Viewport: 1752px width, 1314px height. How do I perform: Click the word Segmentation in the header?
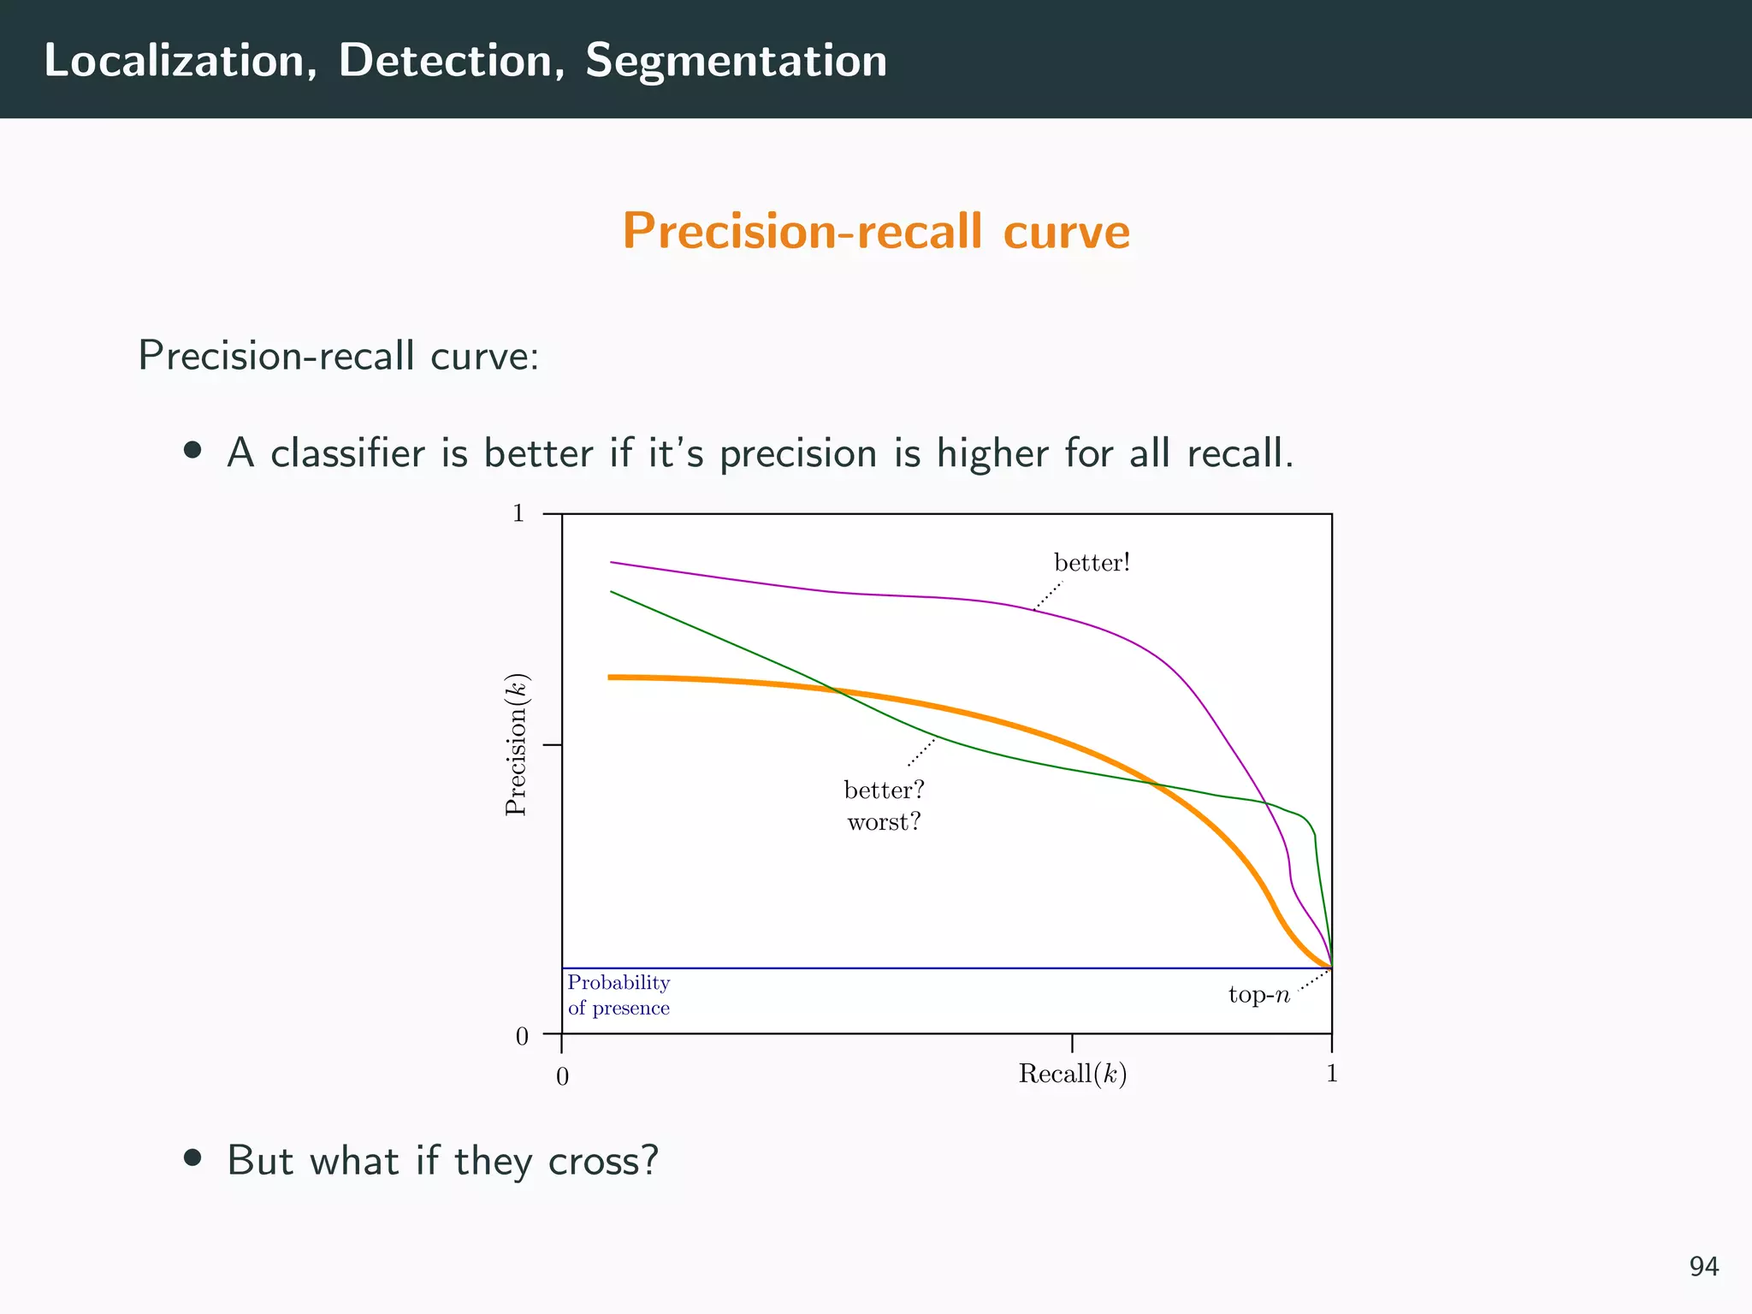point(736,62)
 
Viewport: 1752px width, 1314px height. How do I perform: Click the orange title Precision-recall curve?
point(876,231)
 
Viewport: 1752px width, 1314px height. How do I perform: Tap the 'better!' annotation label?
point(1092,563)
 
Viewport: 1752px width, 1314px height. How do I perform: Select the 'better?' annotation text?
point(884,790)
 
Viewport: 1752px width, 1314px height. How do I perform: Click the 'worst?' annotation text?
point(884,822)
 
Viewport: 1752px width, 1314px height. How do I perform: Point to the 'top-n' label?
point(1258,995)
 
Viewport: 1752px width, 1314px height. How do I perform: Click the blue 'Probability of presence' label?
point(619,995)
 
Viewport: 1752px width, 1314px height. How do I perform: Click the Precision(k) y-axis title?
point(517,745)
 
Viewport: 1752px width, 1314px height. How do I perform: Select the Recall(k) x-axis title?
point(1072,1074)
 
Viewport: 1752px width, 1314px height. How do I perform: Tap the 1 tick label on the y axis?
point(518,513)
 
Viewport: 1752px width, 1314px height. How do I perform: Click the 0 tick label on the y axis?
point(522,1037)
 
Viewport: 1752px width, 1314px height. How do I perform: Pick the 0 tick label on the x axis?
point(562,1077)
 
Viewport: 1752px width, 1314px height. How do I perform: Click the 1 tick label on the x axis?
point(1331,1074)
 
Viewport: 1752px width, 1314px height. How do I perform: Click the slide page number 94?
point(1703,1266)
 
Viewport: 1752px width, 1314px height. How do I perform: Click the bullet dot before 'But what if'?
point(193,1158)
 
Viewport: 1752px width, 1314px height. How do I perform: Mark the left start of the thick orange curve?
point(611,678)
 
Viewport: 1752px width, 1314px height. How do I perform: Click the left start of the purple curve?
point(612,562)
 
